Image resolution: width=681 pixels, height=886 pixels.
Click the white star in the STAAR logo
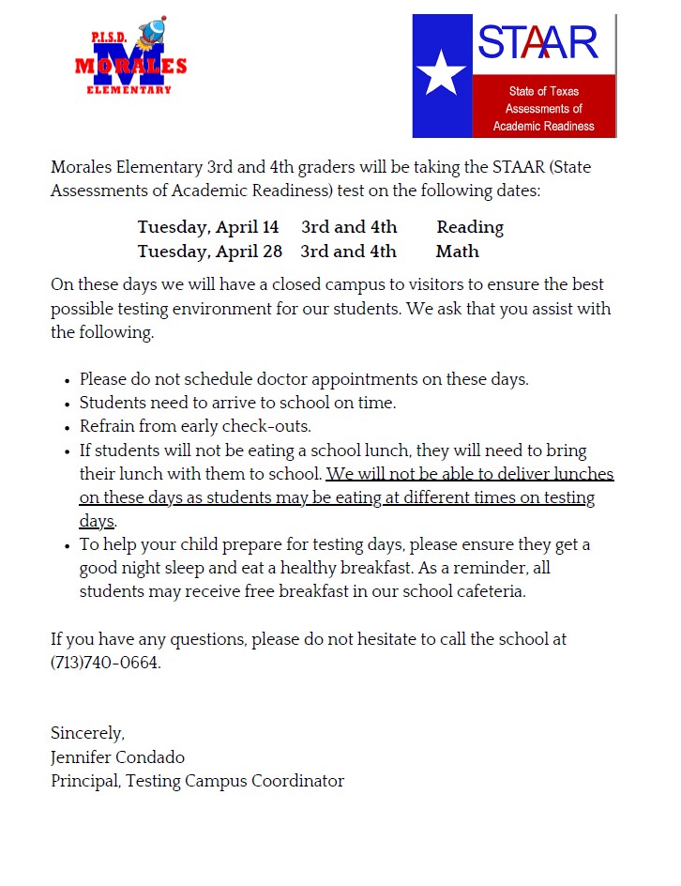pyautogui.click(x=441, y=73)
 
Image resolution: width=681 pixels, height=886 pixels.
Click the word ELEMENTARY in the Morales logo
pyautogui.click(x=129, y=90)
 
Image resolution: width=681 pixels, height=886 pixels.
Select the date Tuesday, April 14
pyautogui.click(x=208, y=227)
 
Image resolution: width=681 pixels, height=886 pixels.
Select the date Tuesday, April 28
pyautogui.click(x=208, y=252)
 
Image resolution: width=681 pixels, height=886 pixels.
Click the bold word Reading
pyautogui.click(x=470, y=227)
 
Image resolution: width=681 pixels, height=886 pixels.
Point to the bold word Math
pyautogui.click(x=457, y=252)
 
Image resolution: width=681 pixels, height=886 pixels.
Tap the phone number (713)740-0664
pyautogui.click(x=106, y=663)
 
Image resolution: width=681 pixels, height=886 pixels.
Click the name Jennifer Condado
pyautogui.click(x=117, y=756)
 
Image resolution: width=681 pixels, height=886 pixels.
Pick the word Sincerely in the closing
pyautogui.click(x=87, y=733)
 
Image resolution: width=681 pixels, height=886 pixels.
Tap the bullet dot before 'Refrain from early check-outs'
pyautogui.click(x=68, y=428)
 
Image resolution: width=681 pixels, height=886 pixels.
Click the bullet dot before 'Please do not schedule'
pyautogui.click(x=68, y=381)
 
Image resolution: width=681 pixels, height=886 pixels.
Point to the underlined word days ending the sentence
pyautogui.click(x=97, y=521)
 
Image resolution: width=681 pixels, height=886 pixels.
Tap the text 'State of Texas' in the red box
pyautogui.click(x=543, y=91)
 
